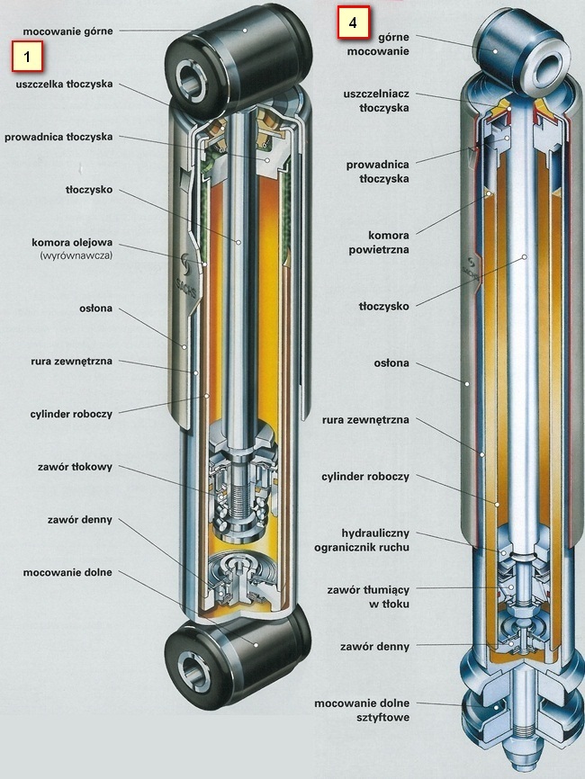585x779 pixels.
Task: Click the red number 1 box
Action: (x=28, y=57)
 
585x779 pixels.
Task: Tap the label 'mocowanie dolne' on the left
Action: (x=68, y=572)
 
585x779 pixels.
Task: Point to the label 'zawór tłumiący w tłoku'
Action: (x=372, y=596)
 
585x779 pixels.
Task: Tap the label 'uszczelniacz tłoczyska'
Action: (x=377, y=100)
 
